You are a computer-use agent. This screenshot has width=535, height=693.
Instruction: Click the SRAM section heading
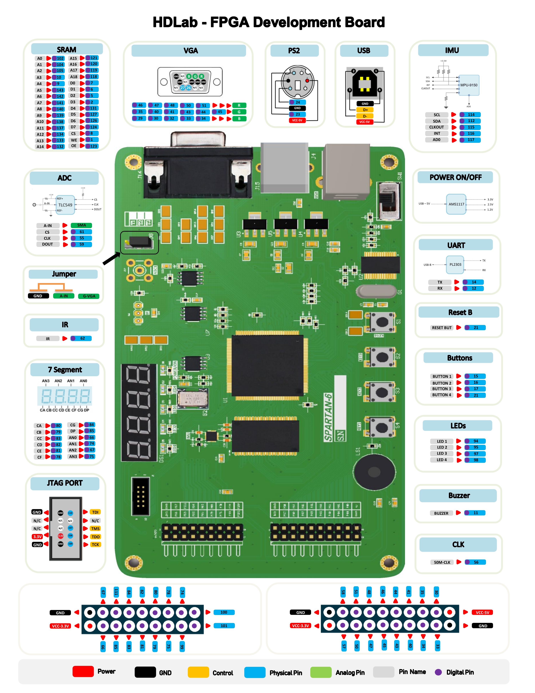point(67,49)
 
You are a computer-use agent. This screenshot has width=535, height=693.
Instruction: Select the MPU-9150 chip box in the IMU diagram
point(469,85)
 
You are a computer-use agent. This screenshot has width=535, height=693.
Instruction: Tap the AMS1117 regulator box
point(456,204)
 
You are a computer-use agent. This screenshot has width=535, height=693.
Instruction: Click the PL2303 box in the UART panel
point(455,264)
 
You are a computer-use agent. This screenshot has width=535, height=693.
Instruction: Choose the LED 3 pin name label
point(441,453)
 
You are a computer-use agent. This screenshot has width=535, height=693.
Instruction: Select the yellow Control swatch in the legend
point(198,672)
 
